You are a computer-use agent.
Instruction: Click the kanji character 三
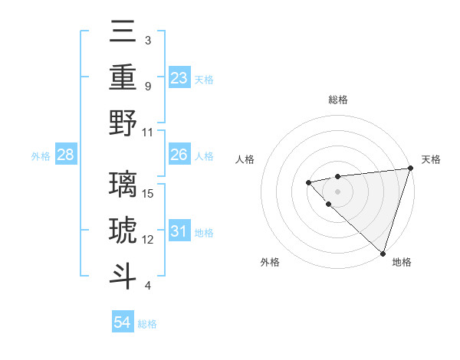point(123,32)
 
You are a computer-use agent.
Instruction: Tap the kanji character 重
point(123,77)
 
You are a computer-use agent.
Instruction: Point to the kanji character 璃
point(123,185)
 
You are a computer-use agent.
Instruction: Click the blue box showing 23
point(179,78)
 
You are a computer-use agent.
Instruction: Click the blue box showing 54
point(123,323)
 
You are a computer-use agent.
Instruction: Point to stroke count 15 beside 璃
point(149,193)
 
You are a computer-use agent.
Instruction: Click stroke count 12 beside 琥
point(149,240)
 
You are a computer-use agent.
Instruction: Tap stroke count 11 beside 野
point(149,132)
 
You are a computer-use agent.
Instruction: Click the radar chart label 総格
point(338,100)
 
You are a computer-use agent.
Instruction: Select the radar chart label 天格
point(431,159)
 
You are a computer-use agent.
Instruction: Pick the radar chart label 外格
point(270,262)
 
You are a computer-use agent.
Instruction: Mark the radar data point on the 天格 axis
point(410,168)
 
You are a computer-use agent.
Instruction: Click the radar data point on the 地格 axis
point(383,253)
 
